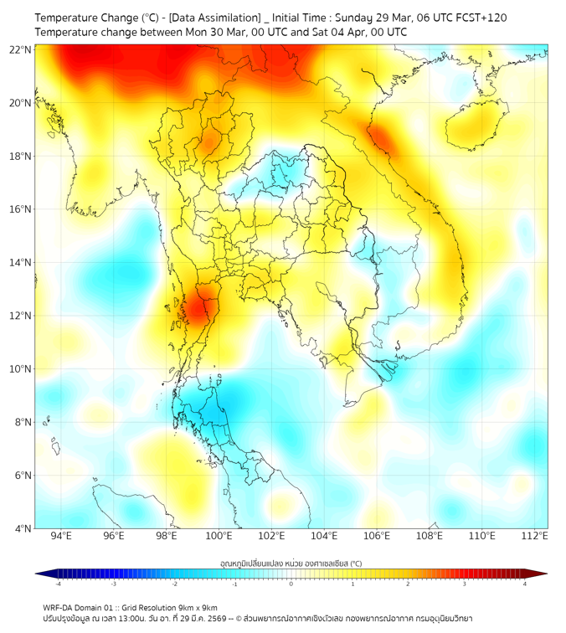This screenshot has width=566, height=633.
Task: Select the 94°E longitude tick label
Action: click(61, 536)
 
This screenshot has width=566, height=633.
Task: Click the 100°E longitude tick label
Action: click(219, 536)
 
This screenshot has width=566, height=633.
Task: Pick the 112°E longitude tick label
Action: click(535, 536)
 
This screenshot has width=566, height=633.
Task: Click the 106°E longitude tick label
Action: click(377, 536)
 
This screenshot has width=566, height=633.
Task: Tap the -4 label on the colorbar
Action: click(58, 583)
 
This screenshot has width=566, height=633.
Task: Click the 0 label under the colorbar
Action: click(291, 583)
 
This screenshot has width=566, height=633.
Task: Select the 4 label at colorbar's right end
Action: click(525, 583)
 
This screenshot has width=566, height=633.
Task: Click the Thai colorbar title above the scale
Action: click(291, 564)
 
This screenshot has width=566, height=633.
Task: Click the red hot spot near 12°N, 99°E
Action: click(199, 308)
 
